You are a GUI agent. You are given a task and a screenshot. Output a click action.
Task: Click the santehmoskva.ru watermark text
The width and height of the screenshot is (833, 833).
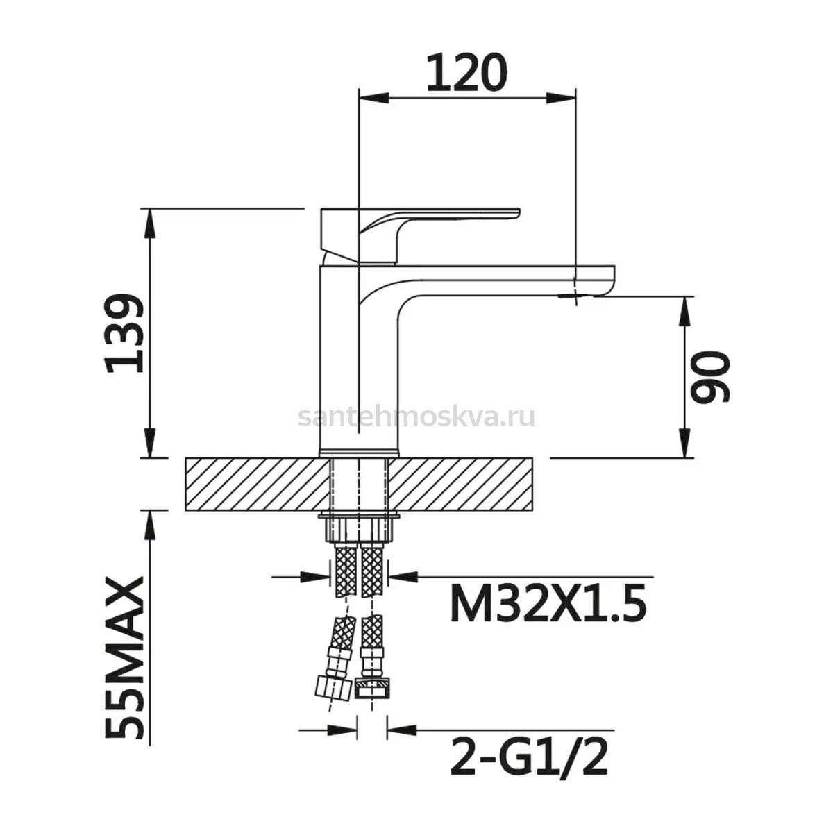(x=416, y=416)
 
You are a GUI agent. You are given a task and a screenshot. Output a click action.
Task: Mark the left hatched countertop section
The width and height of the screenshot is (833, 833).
(x=258, y=484)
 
